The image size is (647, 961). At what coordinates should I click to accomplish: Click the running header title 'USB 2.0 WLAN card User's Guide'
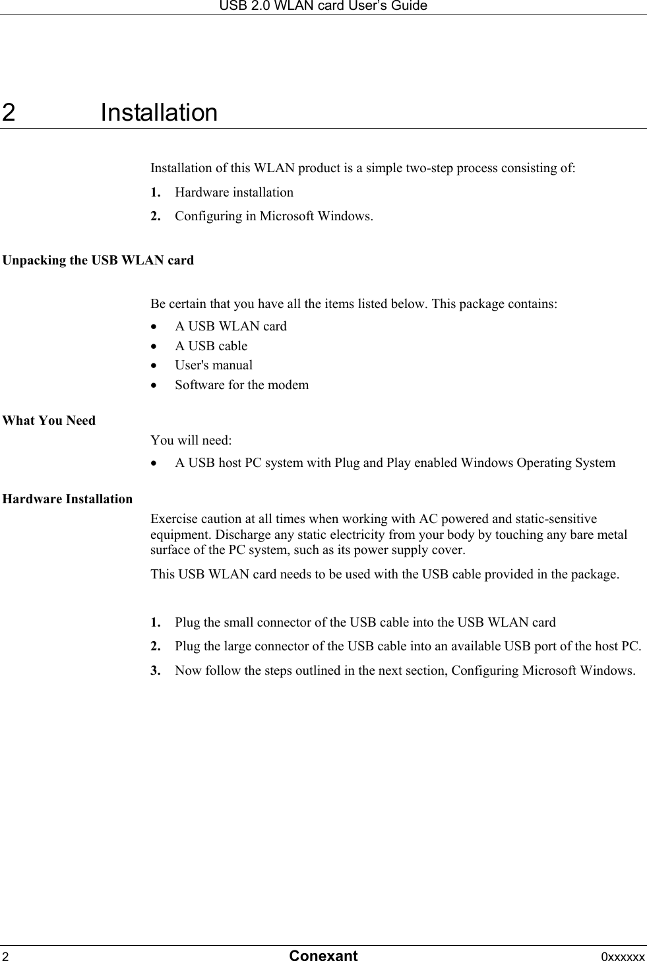[x=323, y=6]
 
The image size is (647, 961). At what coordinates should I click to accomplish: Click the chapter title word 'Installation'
[x=159, y=113]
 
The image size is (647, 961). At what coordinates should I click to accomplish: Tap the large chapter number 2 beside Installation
[x=9, y=113]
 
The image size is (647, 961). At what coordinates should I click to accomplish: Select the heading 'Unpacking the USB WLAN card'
[x=98, y=261]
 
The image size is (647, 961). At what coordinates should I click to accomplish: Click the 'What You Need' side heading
[x=49, y=421]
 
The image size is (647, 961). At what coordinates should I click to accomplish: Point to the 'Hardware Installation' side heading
[x=68, y=499]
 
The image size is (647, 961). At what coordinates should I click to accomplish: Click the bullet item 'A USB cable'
[x=211, y=346]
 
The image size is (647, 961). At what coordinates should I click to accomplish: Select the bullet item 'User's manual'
[x=214, y=365]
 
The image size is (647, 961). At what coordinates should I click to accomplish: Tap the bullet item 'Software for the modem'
[x=241, y=385]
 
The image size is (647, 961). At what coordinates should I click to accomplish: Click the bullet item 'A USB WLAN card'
[x=231, y=326]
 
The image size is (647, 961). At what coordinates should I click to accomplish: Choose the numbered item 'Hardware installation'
[x=234, y=193]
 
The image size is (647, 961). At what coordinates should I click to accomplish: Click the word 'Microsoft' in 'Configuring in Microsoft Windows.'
[x=287, y=216]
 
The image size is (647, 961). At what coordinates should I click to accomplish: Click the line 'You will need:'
[x=191, y=441]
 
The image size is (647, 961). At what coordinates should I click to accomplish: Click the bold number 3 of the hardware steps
[x=154, y=671]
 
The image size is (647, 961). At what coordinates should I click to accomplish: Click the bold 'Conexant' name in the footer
[x=323, y=956]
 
